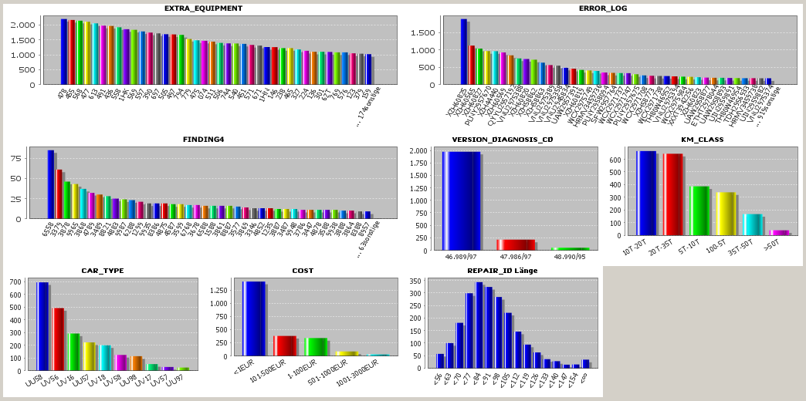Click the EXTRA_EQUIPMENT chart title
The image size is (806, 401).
[x=203, y=8]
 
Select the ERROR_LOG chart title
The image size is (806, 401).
[x=603, y=8]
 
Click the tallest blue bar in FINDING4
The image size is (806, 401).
[x=51, y=184]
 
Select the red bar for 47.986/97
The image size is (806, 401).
[x=516, y=244]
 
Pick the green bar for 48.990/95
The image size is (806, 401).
[x=570, y=248]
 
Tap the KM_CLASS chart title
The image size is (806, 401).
[x=702, y=139]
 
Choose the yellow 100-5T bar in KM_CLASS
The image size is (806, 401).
[x=726, y=214]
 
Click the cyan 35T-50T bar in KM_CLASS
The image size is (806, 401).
[x=752, y=224]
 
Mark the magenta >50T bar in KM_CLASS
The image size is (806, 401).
[x=779, y=232]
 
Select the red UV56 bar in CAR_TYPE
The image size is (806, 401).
[x=59, y=339]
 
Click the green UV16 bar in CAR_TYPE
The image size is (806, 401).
[x=73, y=352]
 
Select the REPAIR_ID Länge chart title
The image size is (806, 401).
[x=503, y=271]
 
